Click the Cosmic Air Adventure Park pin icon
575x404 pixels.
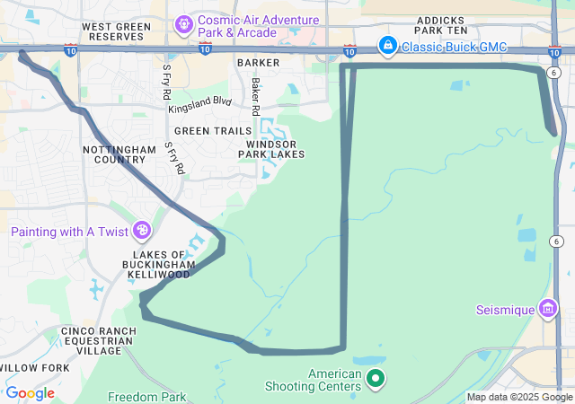point(184,22)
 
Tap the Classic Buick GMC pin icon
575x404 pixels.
point(387,44)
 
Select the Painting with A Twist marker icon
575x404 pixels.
point(141,233)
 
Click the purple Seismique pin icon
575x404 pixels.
point(548,311)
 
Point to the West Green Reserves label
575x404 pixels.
point(115,32)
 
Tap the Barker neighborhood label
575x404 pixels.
point(259,63)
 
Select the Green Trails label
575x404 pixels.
point(213,131)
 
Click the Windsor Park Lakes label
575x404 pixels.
point(270,149)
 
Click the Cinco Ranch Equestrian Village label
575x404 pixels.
point(98,341)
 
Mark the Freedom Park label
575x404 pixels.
point(146,397)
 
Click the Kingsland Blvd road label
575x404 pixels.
point(199,105)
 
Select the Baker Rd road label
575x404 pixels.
point(256,97)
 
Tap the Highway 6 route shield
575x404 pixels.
point(557,242)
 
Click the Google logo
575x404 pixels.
point(30,393)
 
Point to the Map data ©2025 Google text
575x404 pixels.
point(519,397)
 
